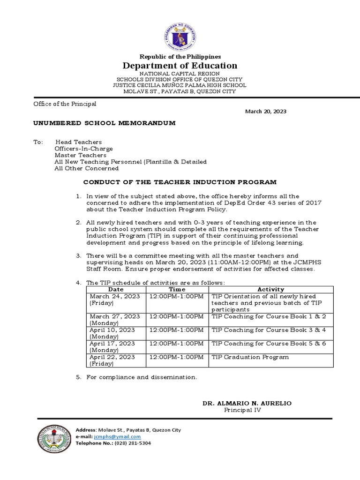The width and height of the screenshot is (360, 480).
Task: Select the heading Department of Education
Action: point(180,66)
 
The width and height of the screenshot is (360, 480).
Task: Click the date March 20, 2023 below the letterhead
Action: point(266,112)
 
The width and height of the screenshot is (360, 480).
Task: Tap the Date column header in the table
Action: point(116,290)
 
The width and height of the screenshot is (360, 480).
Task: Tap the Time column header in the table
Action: point(177,290)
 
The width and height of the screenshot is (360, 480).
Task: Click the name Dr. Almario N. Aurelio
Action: point(243,403)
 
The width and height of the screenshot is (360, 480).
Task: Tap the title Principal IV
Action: point(242,410)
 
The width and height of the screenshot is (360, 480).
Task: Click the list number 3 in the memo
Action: point(79,256)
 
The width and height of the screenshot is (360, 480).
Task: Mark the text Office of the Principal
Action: point(65,104)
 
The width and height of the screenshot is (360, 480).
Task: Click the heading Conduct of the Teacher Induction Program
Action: point(180,182)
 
